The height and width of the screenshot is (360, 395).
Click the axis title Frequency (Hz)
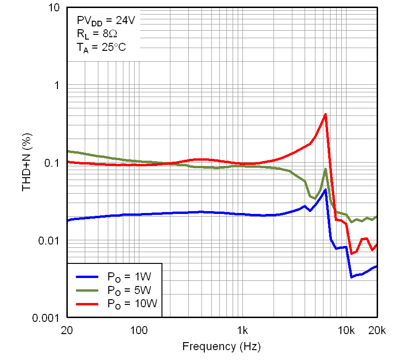221,347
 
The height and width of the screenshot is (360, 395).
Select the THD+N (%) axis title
27,163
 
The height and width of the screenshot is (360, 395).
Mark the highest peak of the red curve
325,115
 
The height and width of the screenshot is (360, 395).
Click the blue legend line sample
87,277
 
